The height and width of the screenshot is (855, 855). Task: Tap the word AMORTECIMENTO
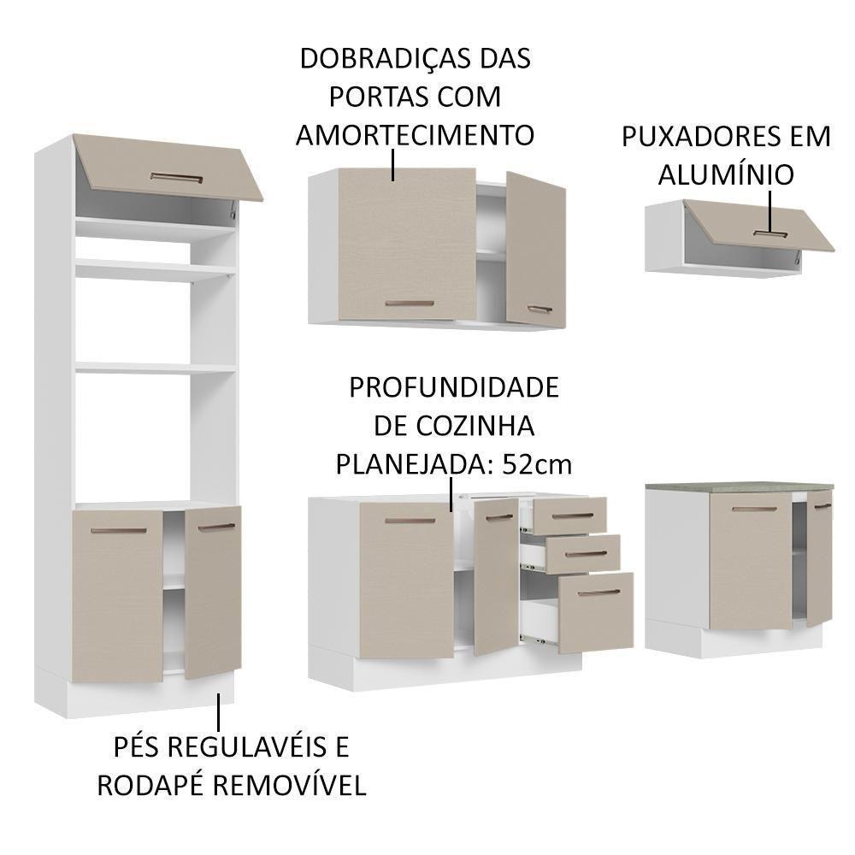[415, 134]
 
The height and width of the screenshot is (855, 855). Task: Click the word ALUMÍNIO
[726, 174]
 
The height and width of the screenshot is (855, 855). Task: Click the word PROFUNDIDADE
[453, 387]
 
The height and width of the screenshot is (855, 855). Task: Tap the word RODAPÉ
[153, 785]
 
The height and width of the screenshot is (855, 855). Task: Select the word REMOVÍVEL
[291, 785]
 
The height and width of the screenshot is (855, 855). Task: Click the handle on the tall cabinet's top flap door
[176, 179]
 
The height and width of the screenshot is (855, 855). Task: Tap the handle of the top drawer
[572, 516]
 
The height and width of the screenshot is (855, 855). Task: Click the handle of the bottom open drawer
[598, 593]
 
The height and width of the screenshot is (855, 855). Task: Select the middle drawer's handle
[586, 553]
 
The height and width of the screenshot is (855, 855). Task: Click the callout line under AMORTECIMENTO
[393, 166]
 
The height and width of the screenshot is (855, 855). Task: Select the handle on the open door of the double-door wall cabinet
[539, 310]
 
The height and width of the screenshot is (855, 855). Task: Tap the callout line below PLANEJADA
[451, 494]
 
